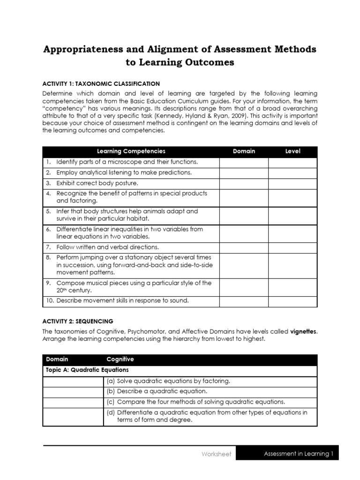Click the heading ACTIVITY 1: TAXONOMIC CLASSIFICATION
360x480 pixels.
(x=101, y=83)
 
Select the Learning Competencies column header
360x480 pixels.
(x=131, y=151)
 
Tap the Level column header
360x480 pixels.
(x=293, y=151)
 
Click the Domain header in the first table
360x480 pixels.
(x=244, y=151)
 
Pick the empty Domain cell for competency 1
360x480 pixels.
(x=244, y=162)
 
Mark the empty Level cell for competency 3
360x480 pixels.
(x=293, y=183)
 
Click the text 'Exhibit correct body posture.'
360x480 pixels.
(x=97, y=183)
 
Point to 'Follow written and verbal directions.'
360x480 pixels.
(x=108, y=247)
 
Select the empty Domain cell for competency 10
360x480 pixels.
(x=244, y=301)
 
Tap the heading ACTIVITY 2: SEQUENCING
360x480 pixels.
(x=78, y=322)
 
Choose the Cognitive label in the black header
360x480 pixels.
(x=120, y=360)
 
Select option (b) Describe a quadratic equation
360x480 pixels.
(x=157, y=391)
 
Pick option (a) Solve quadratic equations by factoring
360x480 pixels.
(x=168, y=381)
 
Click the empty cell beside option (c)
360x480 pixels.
(x=73, y=402)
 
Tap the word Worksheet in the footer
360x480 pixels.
(x=216, y=454)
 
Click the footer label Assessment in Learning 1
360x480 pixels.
(x=298, y=454)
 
